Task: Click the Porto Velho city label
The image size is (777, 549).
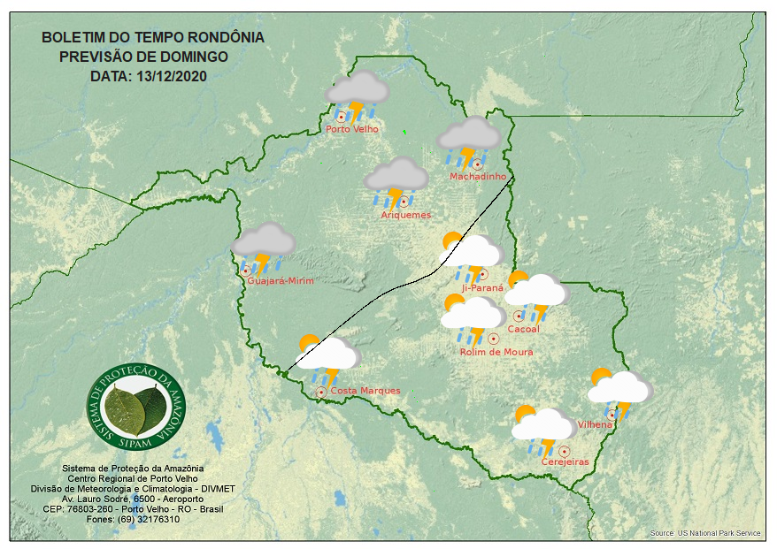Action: click(x=352, y=129)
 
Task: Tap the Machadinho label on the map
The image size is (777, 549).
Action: click(x=478, y=177)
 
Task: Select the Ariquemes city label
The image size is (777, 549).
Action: click(x=406, y=215)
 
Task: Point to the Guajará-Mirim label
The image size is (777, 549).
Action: click(x=281, y=281)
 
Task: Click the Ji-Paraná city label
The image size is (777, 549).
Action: click(x=482, y=287)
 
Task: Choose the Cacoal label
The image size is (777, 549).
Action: click(x=524, y=330)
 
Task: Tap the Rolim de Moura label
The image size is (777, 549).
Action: click(x=496, y=352)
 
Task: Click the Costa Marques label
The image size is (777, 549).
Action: click(x=365, y=391)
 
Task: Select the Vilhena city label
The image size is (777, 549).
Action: click(x=595, y=425)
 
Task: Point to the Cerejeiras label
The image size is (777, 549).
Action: click(x=565, y=462)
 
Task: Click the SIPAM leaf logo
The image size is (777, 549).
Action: click(x=138, y=406)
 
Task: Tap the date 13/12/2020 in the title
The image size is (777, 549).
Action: click(x=172, y=76)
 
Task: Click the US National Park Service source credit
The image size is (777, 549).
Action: click(x=705, y=534)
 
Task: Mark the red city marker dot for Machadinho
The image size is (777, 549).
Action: click(x=478, y=164)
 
